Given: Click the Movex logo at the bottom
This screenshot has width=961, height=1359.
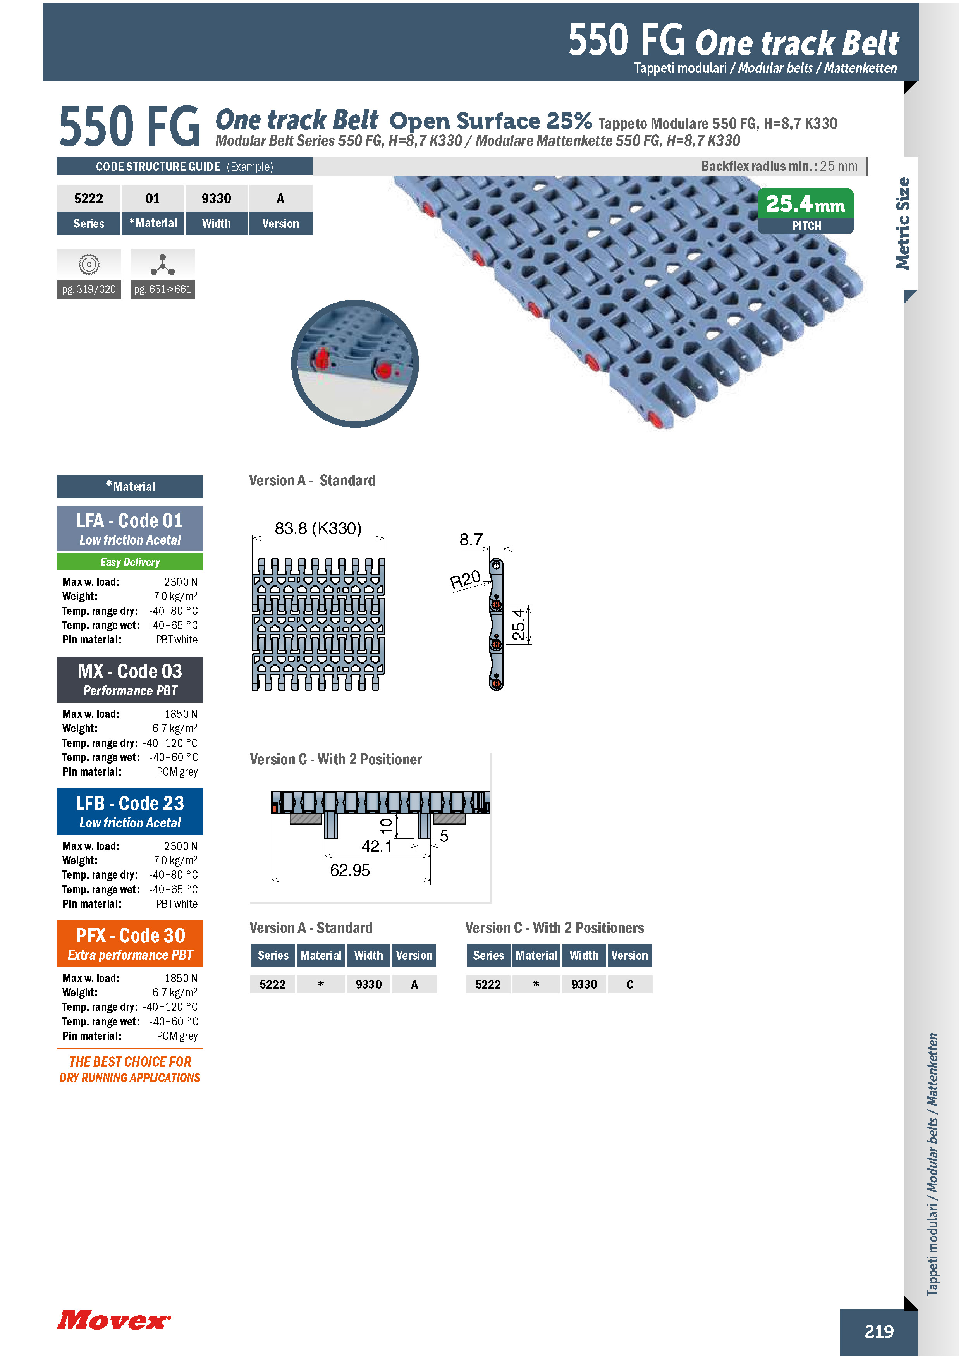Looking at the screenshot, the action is point(114,1319).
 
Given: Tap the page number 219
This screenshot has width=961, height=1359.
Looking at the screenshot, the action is point(879,1331).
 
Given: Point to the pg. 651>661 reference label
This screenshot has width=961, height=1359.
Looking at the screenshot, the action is point(163,289).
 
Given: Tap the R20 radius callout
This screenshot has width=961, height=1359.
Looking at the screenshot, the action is point(465,580).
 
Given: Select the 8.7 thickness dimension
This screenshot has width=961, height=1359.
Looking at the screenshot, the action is point(471,539).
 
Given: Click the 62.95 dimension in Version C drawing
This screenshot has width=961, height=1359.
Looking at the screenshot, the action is point(350,870).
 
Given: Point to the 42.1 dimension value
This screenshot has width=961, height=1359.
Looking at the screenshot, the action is point(377,846).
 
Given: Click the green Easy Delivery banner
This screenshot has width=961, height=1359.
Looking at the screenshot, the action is point(130,562).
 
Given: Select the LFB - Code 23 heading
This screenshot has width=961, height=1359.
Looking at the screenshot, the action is point(130,803).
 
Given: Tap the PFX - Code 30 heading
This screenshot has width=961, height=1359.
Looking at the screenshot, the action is point(130,935).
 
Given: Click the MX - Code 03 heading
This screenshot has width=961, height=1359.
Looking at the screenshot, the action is point(130,671).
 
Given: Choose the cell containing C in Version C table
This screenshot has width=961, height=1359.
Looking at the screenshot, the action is point(629,984).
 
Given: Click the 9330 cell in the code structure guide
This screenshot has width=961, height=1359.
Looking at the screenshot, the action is point(217,198).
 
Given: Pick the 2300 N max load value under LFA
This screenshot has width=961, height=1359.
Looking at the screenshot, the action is point(181,582).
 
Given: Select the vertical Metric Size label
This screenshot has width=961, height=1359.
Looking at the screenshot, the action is point(903,224).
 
